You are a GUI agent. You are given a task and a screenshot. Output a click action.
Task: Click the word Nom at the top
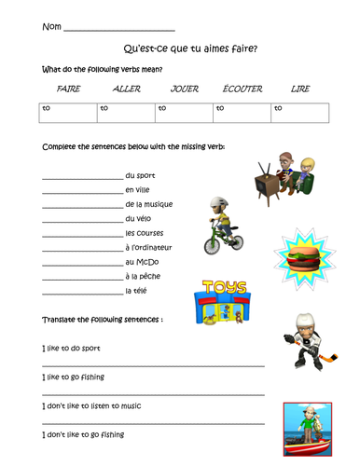click(x=50, y=27)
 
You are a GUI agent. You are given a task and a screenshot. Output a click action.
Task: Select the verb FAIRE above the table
click(x=68, y=89)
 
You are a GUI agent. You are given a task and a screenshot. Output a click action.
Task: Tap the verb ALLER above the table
click(x=126, y=89)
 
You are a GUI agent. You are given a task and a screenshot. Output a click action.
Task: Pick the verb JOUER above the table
click(x=185, y=89)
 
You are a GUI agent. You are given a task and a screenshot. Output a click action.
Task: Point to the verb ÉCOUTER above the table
click(x=242, y=89)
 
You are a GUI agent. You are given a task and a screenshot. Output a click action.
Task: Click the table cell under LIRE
click(x=300, y=113)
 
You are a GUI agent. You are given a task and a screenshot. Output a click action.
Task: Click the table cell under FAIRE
click(x=68, y=113)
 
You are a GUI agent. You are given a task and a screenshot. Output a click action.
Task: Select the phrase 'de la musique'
click(x=148, y=204)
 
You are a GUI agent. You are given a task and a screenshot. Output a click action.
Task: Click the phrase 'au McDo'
click(x=140, y=262)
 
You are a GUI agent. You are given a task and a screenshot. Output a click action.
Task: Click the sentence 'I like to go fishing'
click(x=74, y=377)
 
